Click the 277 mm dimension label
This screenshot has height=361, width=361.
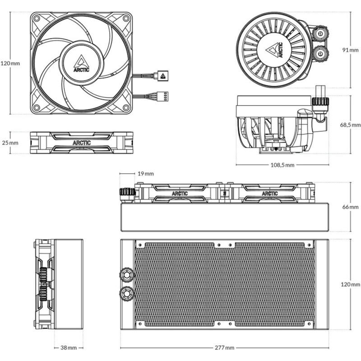point(225,348)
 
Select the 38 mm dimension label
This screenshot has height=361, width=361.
point(69,348)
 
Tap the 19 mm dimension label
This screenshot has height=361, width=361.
point(146,173)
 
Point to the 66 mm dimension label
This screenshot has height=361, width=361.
point(351,207)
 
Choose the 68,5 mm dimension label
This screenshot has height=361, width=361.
point(351,124)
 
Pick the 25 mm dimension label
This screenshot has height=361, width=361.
point(10,143)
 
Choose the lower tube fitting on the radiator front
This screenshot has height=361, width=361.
point(126,294)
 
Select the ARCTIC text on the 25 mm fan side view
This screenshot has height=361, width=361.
point(82,143)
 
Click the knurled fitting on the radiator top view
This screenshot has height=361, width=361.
point(127,193)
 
